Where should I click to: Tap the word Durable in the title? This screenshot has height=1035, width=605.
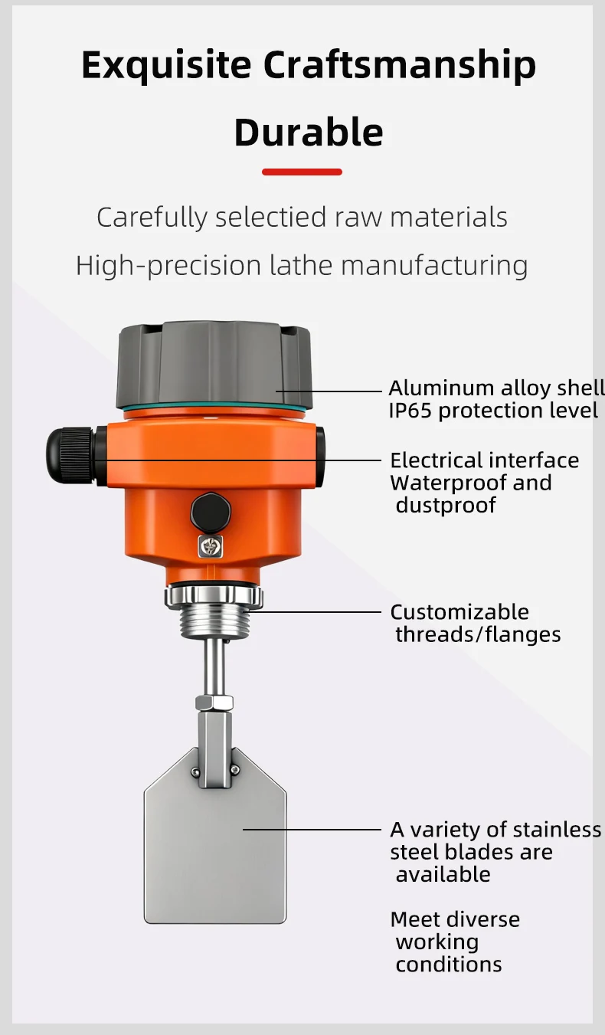309,132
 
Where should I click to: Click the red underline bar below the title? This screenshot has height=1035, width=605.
302,172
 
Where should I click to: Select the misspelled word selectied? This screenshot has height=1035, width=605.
271,217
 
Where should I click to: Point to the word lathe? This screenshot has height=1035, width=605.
301,266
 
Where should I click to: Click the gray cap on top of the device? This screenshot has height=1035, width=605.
214,365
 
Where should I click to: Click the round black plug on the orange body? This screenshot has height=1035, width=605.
211,513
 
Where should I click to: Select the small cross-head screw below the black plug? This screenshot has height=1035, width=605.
210,547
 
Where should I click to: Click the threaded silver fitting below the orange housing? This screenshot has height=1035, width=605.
214,612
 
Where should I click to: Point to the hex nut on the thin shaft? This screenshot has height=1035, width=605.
214,703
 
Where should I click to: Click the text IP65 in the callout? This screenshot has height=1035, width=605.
410,411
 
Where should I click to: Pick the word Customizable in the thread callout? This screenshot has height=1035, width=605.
459,612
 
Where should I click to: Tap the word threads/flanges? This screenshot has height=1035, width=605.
478,635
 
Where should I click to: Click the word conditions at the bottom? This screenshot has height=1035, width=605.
449,965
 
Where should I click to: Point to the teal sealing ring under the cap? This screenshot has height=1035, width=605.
214,408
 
